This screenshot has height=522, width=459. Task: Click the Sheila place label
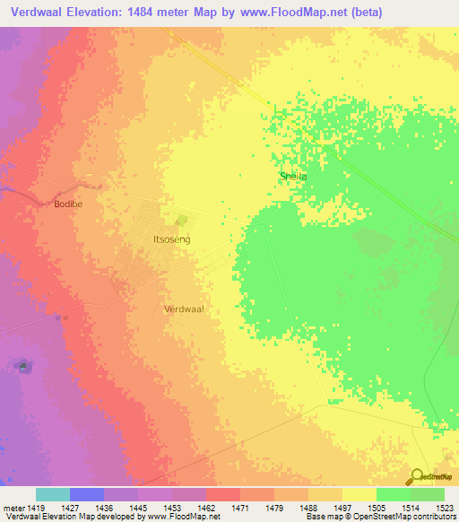point(293,177)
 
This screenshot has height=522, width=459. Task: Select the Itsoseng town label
point(172,240)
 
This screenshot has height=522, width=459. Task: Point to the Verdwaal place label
point(185,308)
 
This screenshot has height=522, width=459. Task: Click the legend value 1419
point(36,508)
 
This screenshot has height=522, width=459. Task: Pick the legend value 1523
point(444,508)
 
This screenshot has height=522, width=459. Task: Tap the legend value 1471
point(239,508)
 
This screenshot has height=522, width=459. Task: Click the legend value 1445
point(138,508)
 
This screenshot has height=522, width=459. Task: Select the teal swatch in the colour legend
point(53,494)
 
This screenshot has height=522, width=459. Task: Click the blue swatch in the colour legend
point(87,494)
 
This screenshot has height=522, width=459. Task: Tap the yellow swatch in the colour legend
point(359,494)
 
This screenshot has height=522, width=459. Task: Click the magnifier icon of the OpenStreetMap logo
point(416,476)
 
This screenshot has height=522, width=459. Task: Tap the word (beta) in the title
point(363,13)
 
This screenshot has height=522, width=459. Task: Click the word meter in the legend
point(13,508)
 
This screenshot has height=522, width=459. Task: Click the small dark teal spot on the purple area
point(22,366)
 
